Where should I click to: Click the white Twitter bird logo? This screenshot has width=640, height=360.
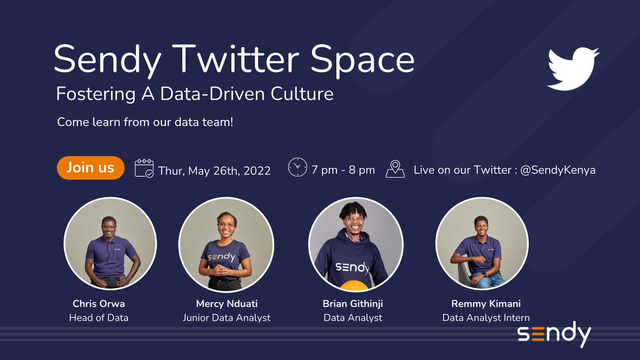[573, 69]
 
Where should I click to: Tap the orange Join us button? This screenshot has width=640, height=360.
[91, 167]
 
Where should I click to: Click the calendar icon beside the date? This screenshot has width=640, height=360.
[145, 169]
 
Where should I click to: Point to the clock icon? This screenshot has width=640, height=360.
[298, 167]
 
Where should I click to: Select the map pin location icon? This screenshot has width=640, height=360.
[395, 169]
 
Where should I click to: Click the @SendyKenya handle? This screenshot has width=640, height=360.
[558, 170]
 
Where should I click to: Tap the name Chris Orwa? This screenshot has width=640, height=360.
[99, 303]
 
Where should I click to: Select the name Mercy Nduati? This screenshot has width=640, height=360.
[227, 303]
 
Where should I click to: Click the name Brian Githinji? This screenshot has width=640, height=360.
[353, 304]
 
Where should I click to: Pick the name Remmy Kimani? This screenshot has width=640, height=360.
[486, 304]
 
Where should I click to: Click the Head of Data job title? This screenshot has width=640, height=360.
[99, 318]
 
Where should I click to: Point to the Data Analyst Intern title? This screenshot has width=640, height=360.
[486, 318]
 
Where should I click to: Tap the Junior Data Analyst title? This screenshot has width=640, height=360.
[227, 318]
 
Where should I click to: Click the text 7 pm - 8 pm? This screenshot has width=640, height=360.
[343, 170]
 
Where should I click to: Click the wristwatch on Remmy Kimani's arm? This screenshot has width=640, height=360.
[484, 275]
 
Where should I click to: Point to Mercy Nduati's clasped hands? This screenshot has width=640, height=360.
[219, 270]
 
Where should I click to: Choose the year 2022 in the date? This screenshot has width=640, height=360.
[257, 171]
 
